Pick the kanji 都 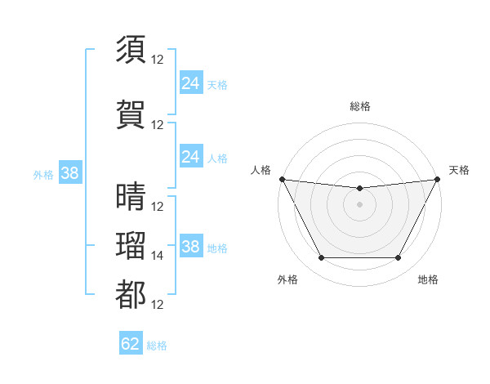pyautogui.click(x=131, y=295)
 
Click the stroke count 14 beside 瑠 pyautogui.click(x=158, y=256)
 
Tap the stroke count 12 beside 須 pyautogui.click(x=158, y=60)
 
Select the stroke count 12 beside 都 pyautogui.click(x=158, y=305)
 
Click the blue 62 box pyautogui.click(x=131, y=344)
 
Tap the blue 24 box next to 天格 pyautogui.click(x=191, y=83)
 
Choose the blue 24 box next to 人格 pyautogui.click(x=191, y=156)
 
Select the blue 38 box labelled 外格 pyautogui.click(x=69, y=173)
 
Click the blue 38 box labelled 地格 pyautogui.click(x=191, y=246)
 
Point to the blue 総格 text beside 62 pyautogui.click(x=157, y=346)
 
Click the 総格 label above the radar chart pyautogui.click(x=359, y=106)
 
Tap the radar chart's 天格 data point pyautogui.click(x=437, y=179)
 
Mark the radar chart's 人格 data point pyautogui.click(x=282, y=179)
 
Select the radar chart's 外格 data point pyautogui.click(x=321, y=258)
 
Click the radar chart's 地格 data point pyautogui.click(x=398, y=258)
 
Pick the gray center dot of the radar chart pyautogui.click(x=359, y=204)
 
